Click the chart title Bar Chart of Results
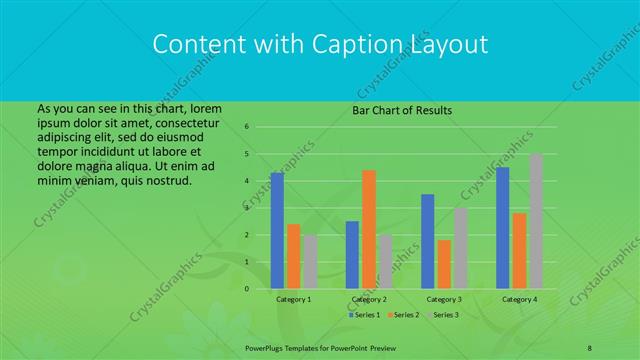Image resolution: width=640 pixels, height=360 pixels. pos(403,110)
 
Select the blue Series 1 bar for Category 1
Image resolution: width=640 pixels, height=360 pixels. pos(277,230)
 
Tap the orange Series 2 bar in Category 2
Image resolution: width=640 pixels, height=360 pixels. pos(369,229)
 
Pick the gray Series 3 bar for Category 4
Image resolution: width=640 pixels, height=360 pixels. pos(535,221)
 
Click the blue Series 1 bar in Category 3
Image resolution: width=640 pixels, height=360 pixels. pos(428,241)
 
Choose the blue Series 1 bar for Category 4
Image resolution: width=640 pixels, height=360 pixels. pos(503,227)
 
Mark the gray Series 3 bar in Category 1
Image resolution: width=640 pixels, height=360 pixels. pos(310,261)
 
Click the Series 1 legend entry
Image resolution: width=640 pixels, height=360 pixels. pos(363,315)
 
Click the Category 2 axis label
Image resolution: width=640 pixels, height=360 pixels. pos(369,299)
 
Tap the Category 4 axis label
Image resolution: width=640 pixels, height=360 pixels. pos(519,299)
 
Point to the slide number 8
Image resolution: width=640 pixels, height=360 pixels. pos(590,346)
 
